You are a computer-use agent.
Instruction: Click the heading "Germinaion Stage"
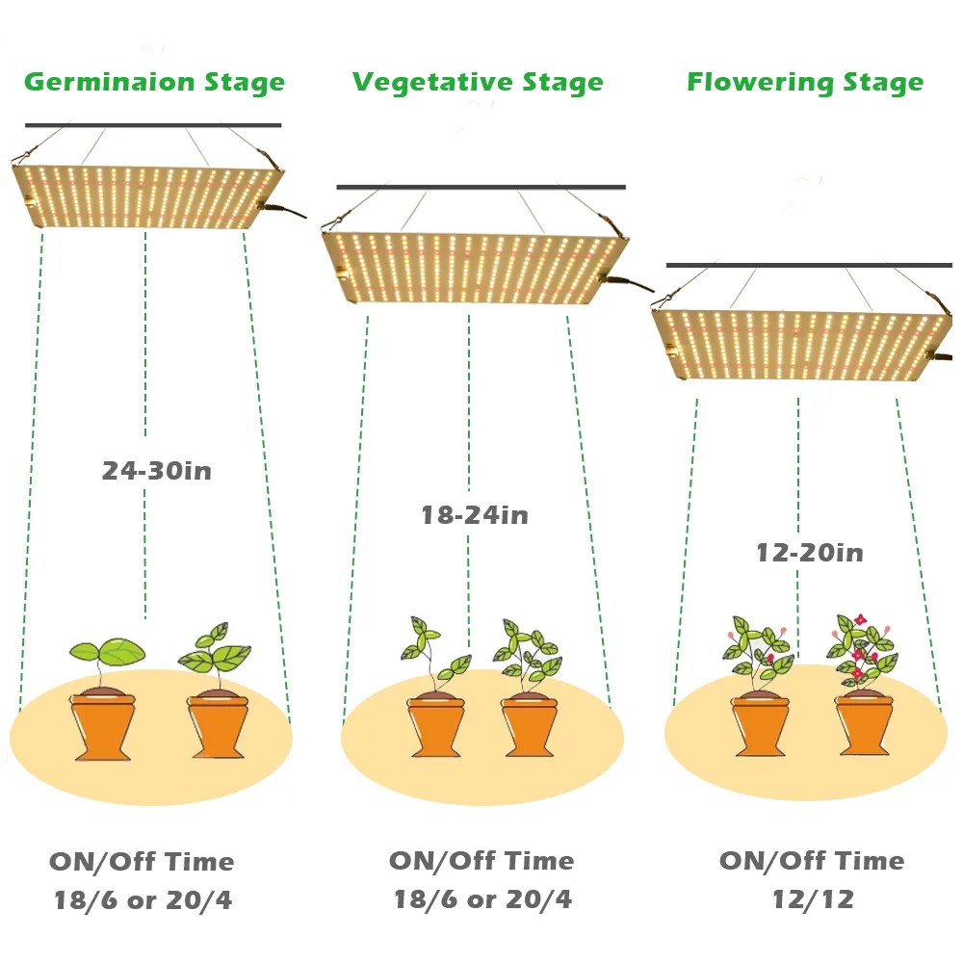point(155,82)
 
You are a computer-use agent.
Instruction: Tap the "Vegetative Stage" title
point(478,82)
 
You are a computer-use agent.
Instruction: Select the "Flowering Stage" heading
point(805,82)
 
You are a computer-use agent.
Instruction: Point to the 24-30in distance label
point(157,471)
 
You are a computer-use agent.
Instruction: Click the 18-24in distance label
point(475,514)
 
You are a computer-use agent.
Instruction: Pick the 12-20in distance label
point(810,552)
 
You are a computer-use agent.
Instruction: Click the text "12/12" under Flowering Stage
point(813,899)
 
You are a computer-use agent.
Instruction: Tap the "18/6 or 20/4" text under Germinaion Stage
point(143,900)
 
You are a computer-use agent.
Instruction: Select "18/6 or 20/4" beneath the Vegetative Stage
point(482,899)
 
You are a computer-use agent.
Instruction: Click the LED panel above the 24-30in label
point(147,196)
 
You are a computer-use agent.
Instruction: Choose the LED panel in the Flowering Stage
point(801,345)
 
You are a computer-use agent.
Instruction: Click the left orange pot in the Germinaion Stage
point(103,725)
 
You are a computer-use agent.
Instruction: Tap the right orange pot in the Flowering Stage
point(864,722)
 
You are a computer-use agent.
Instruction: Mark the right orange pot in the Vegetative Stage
point(530,725)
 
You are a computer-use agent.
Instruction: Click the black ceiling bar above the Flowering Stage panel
point(809,266)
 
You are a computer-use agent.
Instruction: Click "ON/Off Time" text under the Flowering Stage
point(812,860)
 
